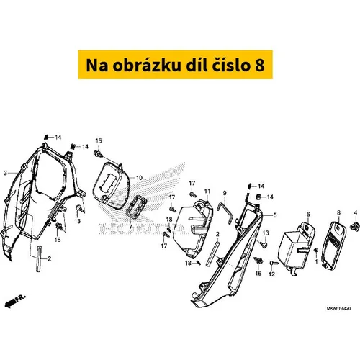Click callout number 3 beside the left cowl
(x=5, y=173)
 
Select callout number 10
(x=139, y=178)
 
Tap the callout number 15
(x=99, y=140)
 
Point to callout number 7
(x=130, y=227)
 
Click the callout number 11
(x=207, y=191)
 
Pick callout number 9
(x=225, y=193)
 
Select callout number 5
(x=275, y=215)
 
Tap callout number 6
(x=308, y=214)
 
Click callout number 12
(x=271, y=274)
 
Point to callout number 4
(x=356, y=212)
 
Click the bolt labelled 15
(x=98, y=153)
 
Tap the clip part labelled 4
(x=355, y=226)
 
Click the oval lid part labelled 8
(x=334, y=245)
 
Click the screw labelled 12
(x=274, y=264)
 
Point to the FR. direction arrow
(x=15, y=301)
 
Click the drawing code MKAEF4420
(x=338, y=308)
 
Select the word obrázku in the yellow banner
(x=146, y=66)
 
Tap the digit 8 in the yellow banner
(x=259, y=66)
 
